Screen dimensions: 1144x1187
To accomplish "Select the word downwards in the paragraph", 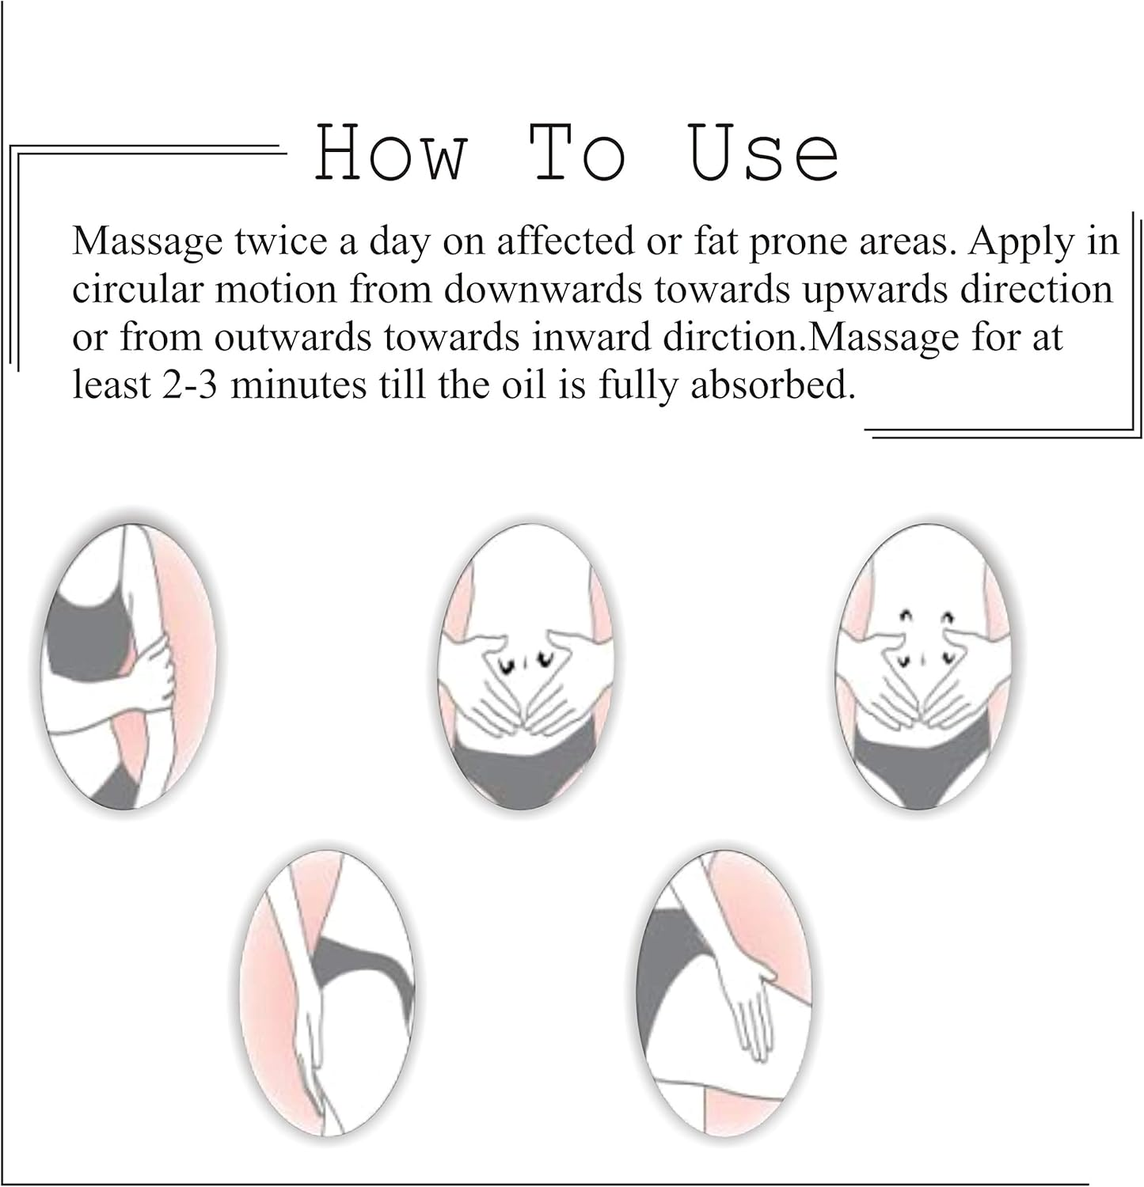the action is coord(542,290).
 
